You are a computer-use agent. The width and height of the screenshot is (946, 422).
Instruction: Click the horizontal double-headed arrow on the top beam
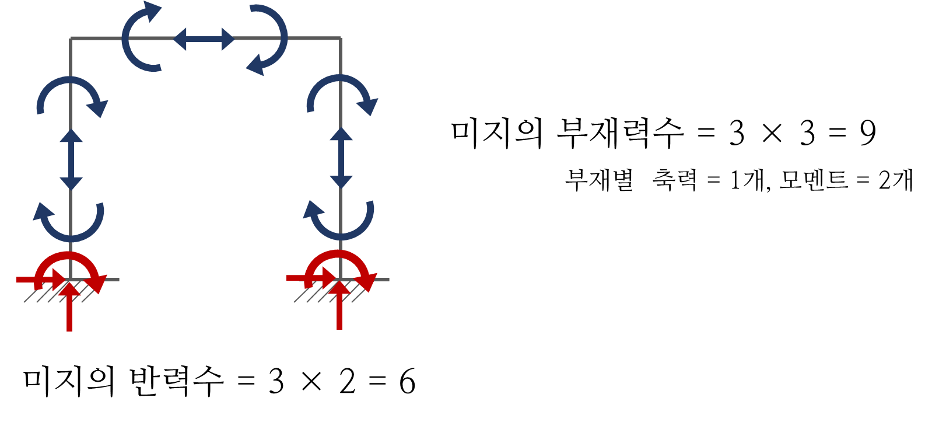pos(204,39)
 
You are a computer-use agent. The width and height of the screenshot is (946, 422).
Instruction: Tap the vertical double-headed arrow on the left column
pos(71,159)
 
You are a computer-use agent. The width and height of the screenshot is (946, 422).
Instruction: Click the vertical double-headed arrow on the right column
pos(341,158)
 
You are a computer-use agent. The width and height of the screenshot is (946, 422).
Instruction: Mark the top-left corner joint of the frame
pos(71,39)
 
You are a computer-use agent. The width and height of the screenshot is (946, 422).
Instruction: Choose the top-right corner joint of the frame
pos(341,39)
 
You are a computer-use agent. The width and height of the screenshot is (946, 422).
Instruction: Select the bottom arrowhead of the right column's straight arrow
pos(341,182)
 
